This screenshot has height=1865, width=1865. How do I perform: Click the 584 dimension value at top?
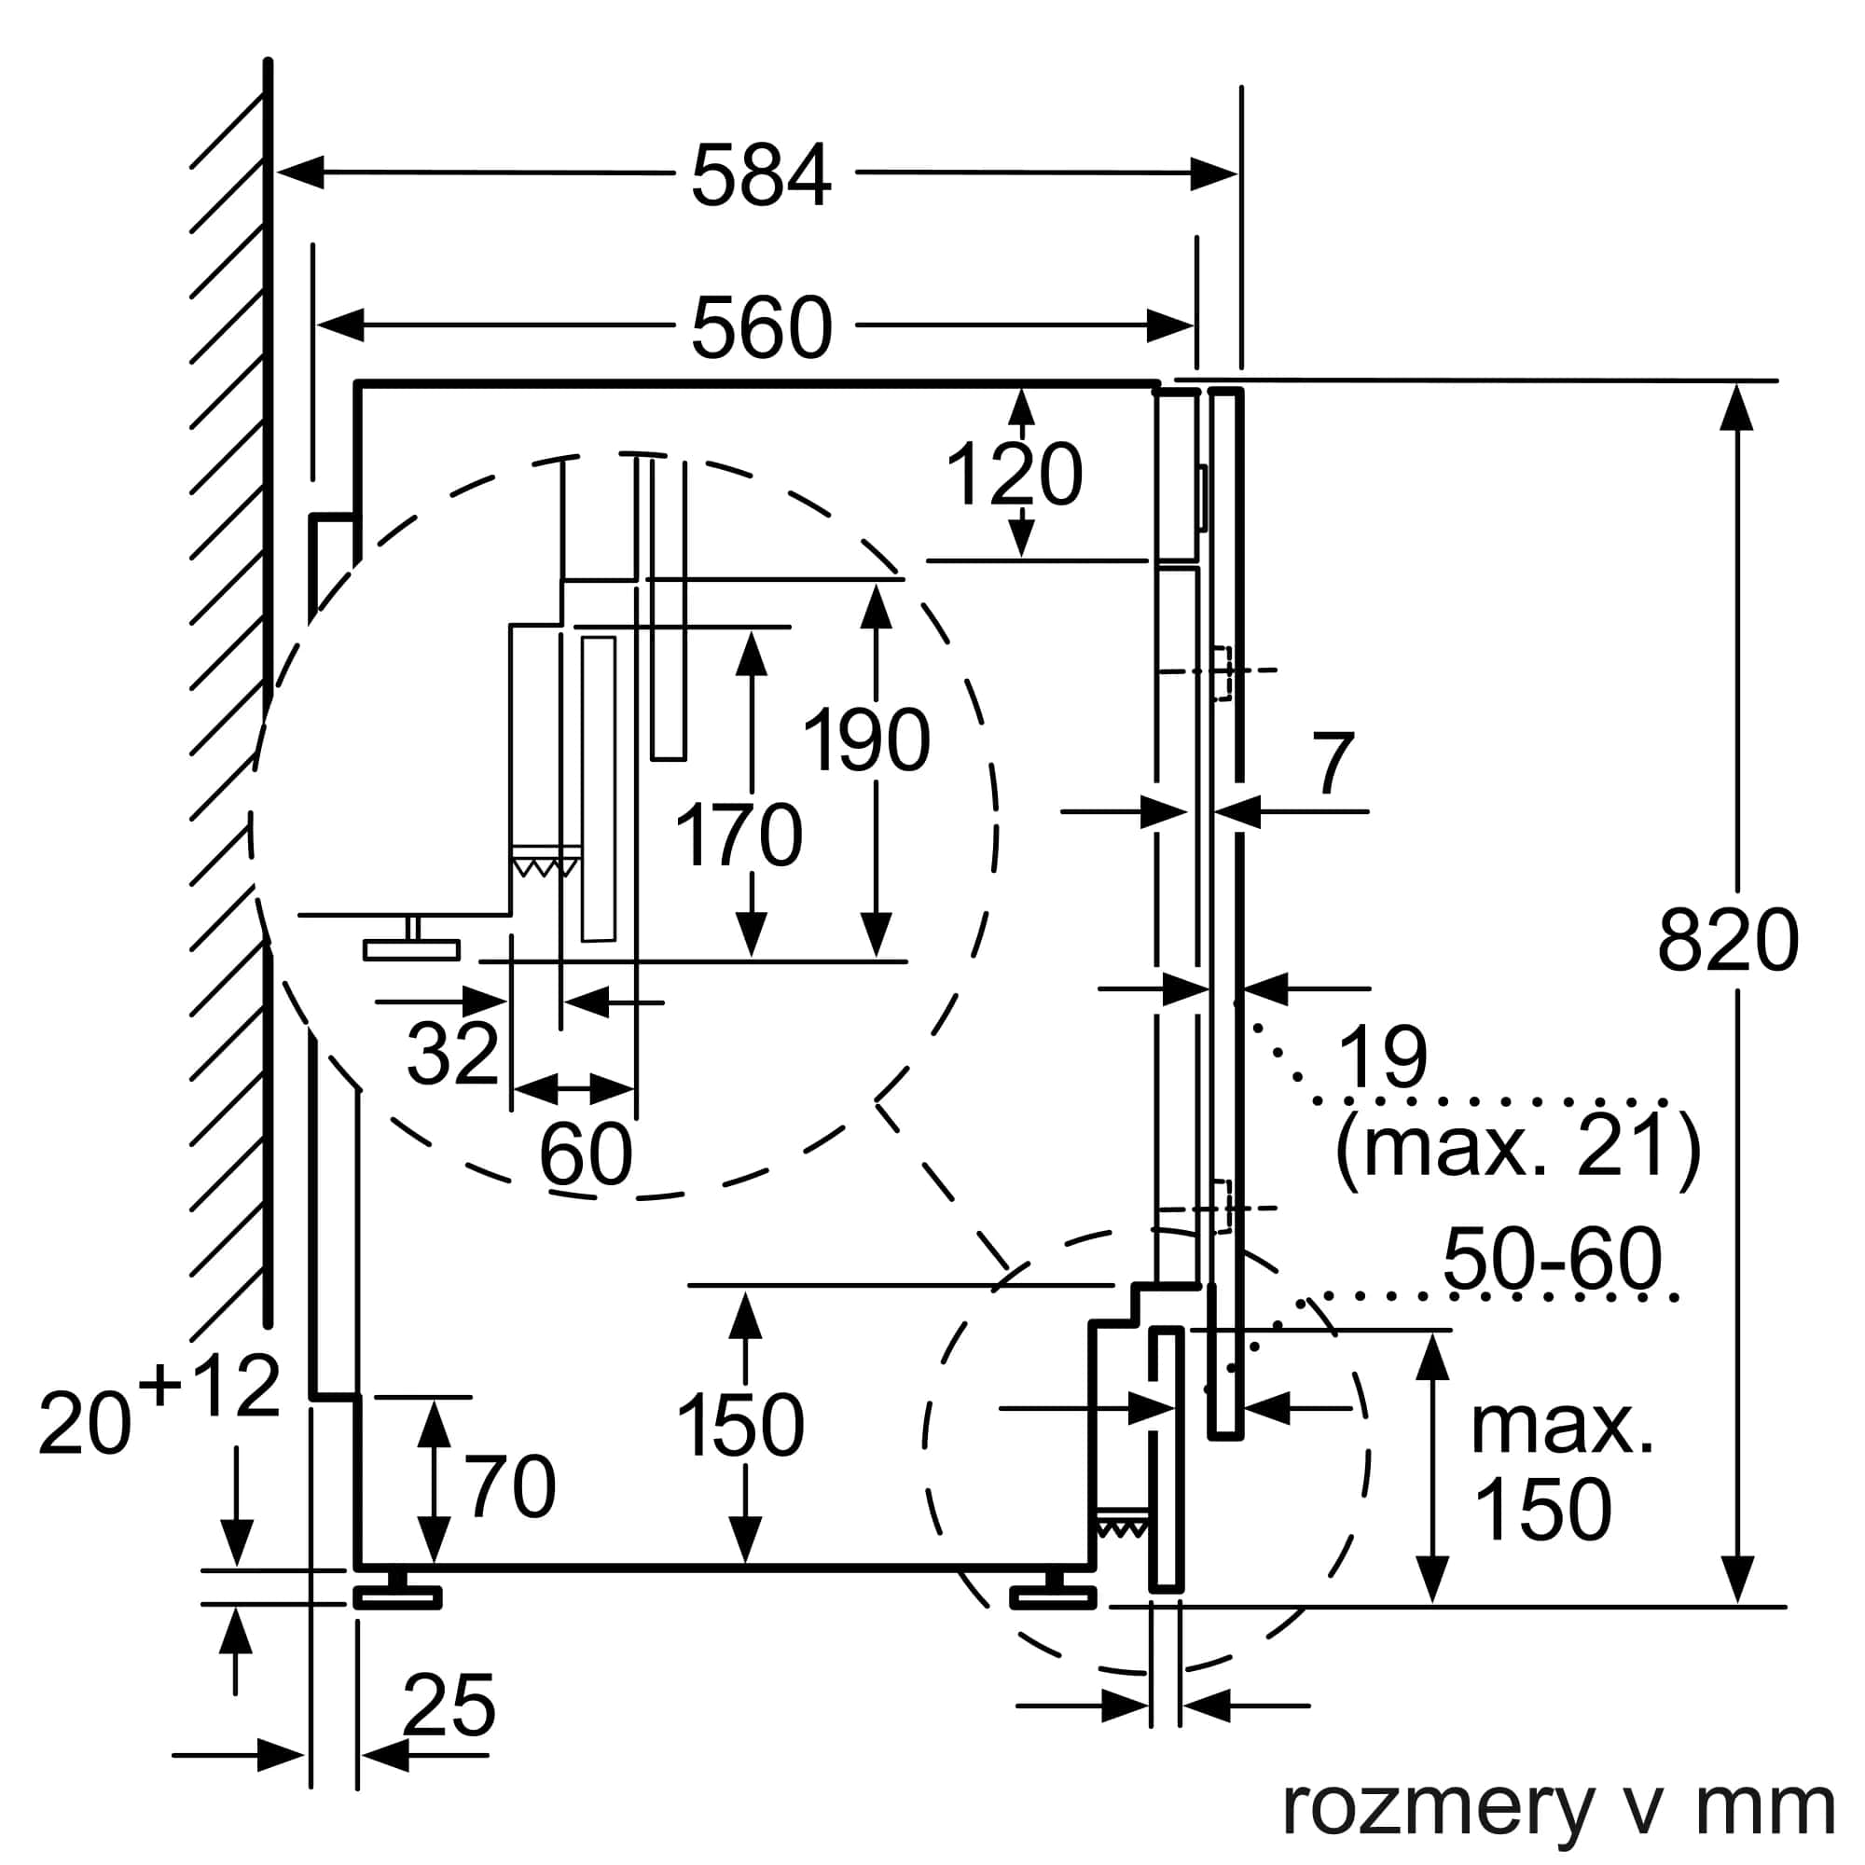pyautogui.click(x=761, y=175)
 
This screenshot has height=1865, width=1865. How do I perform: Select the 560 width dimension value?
pyautogui.click(x=761, y=328)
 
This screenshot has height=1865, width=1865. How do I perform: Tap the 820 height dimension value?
pyautogui.click(x=1728, y=941)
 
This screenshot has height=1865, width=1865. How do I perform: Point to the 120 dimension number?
pyautogui.click(x=1014, y=475)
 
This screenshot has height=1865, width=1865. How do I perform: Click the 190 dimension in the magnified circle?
pyautogui.click(x=866, y=740)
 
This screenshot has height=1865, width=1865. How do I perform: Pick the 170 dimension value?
pyautogui.click(x=739, y=835)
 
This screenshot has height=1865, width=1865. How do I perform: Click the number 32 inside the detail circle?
pyautogui.click(x=451, y=1052)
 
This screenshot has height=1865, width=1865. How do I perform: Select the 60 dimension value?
pyautogui.click(x=585, y=1154)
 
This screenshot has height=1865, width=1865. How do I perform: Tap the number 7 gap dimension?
pyautogui.click(x=1333, y=764)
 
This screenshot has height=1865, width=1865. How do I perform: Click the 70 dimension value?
pyautogui.click(x=511, y=1486)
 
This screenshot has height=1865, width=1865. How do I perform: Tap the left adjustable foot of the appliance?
pyautogui.click(x=396, y=1595)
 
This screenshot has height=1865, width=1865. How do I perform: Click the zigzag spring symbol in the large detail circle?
pyautogui.click(x=545, y=866)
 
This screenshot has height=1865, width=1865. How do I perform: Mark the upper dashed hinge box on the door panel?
pyautogui.click(x=1223, y=673)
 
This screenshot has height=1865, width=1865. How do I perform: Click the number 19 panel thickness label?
pyautogui.click(x=1382, y=1057)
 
